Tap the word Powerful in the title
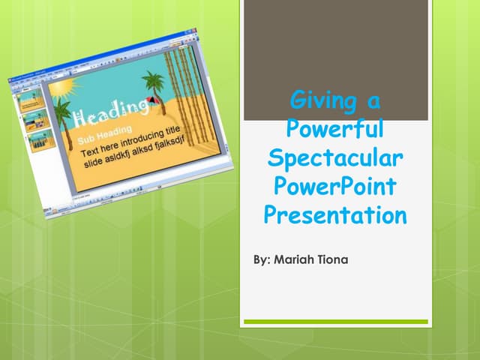coord(334,129)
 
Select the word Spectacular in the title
coord(334,158)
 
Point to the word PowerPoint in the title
coord(334,187)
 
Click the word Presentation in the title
coord(334,216)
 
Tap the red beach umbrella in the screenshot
coord(154,100)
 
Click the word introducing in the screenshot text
coord(145,138)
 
